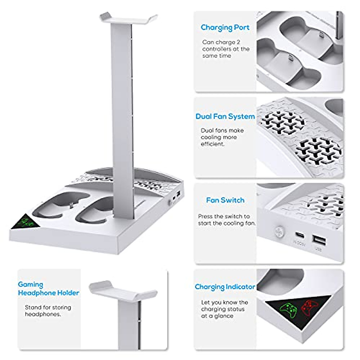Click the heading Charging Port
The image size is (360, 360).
(x=225, y=28)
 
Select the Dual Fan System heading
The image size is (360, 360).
(x=225, y=116)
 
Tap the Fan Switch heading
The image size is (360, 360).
(x=225, y=200)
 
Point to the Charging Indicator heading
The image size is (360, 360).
(x=225, y=287)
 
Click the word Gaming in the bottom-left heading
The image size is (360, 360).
(x=31, y=284)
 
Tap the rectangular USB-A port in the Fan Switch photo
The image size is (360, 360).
(x=318, y=239)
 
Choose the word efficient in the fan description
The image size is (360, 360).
(x=212, y=144)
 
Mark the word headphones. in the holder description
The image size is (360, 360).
(x=43, y=314)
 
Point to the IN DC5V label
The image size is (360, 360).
(x=299, y=244)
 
